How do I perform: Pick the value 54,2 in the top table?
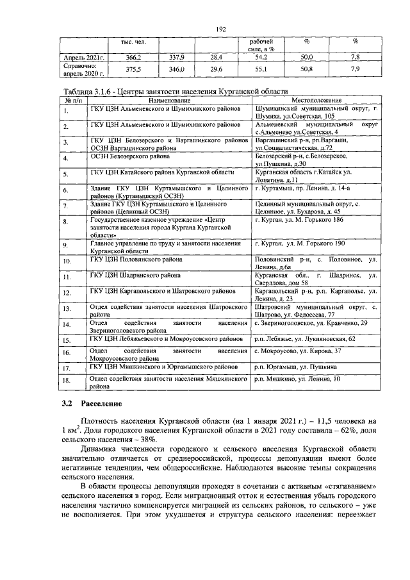click(x=261, y=57)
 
